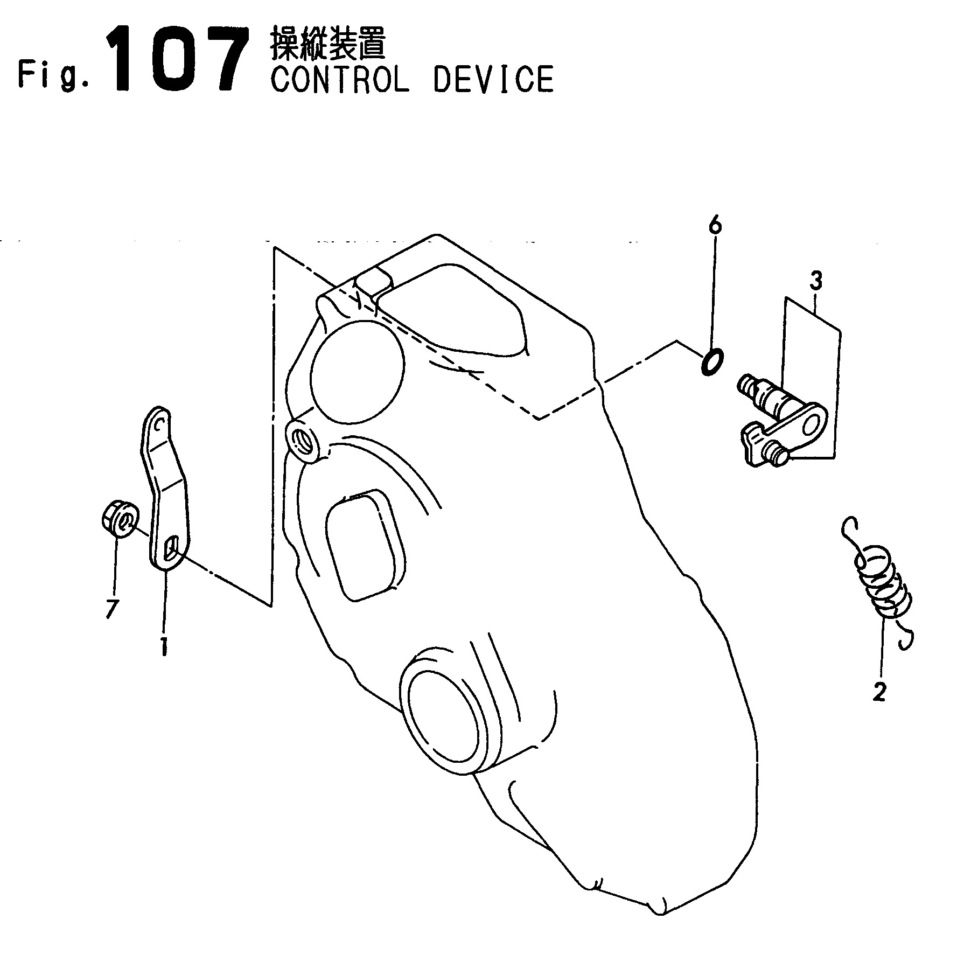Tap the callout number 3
[x=816, y=282]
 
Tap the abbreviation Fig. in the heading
[x=53, y=75]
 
